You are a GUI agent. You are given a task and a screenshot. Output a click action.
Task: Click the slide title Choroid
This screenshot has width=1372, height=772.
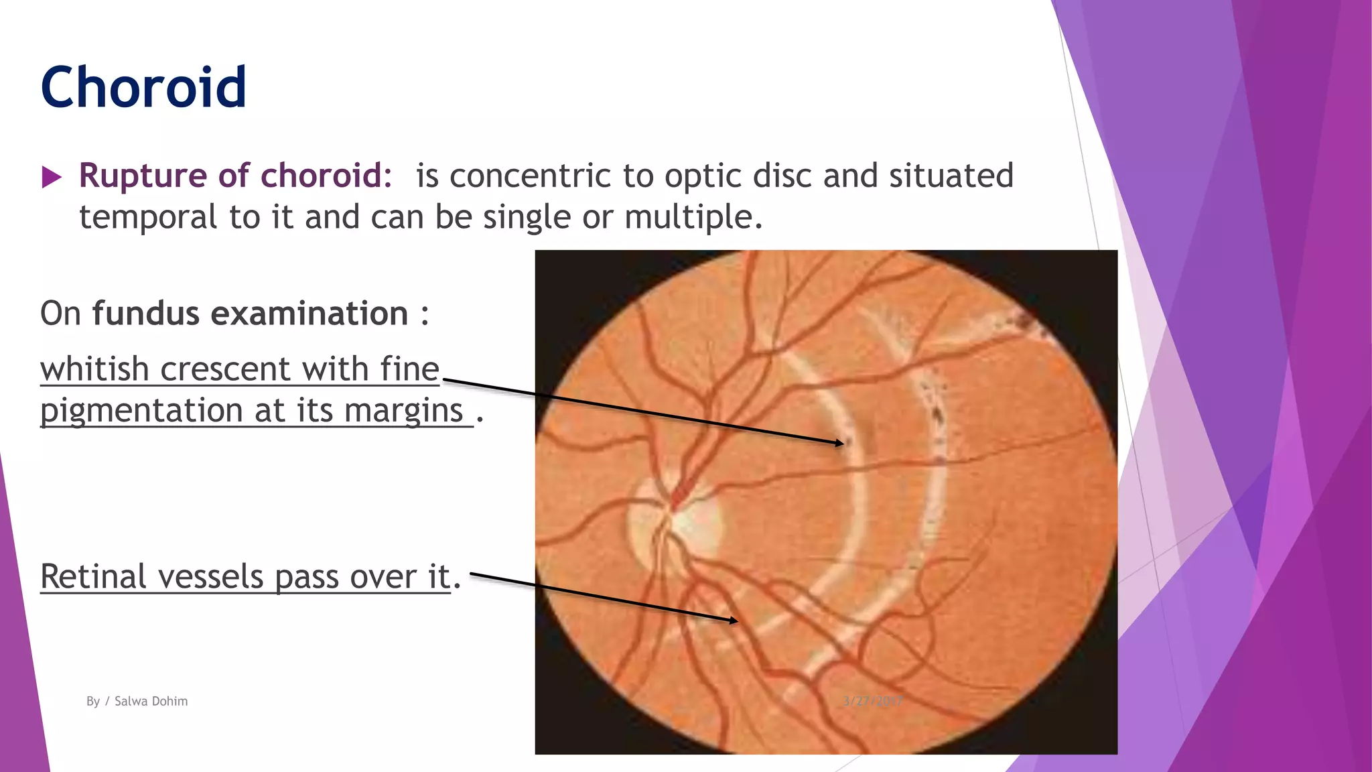pyautogui.click(x=143, y=87)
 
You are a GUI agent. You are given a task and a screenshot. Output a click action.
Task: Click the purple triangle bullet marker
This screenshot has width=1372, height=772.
pyautogui.click(x=51, y=178)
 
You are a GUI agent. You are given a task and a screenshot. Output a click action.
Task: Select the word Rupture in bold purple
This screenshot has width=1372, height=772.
pyautogui.click(x=143, y=176)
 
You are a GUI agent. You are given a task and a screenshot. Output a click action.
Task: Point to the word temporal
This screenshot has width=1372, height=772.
pyautogui.click(x=148, y=217)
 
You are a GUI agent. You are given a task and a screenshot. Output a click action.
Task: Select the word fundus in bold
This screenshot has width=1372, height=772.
pyautogui.click(x=145, y=314)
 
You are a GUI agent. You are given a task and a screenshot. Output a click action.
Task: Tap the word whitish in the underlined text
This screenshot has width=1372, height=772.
pyautogui.click(x=94, y=369)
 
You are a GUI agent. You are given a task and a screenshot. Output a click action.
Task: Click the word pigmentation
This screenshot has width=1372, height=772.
pyautogui.click(x=141, y=411)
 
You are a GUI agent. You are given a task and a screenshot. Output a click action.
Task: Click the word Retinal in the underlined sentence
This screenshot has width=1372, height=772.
pyautogui.click(x=93, y=577)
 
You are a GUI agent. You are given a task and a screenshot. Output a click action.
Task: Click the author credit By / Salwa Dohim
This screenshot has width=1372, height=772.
pyautogui.click(x=137, y=701)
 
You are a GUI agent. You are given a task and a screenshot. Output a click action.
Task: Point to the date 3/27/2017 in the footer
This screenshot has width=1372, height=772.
pyautogui.click(x=872, y=701)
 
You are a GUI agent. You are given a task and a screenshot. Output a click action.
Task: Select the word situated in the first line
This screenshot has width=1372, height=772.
pyautogui.click(x=951, y=176)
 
